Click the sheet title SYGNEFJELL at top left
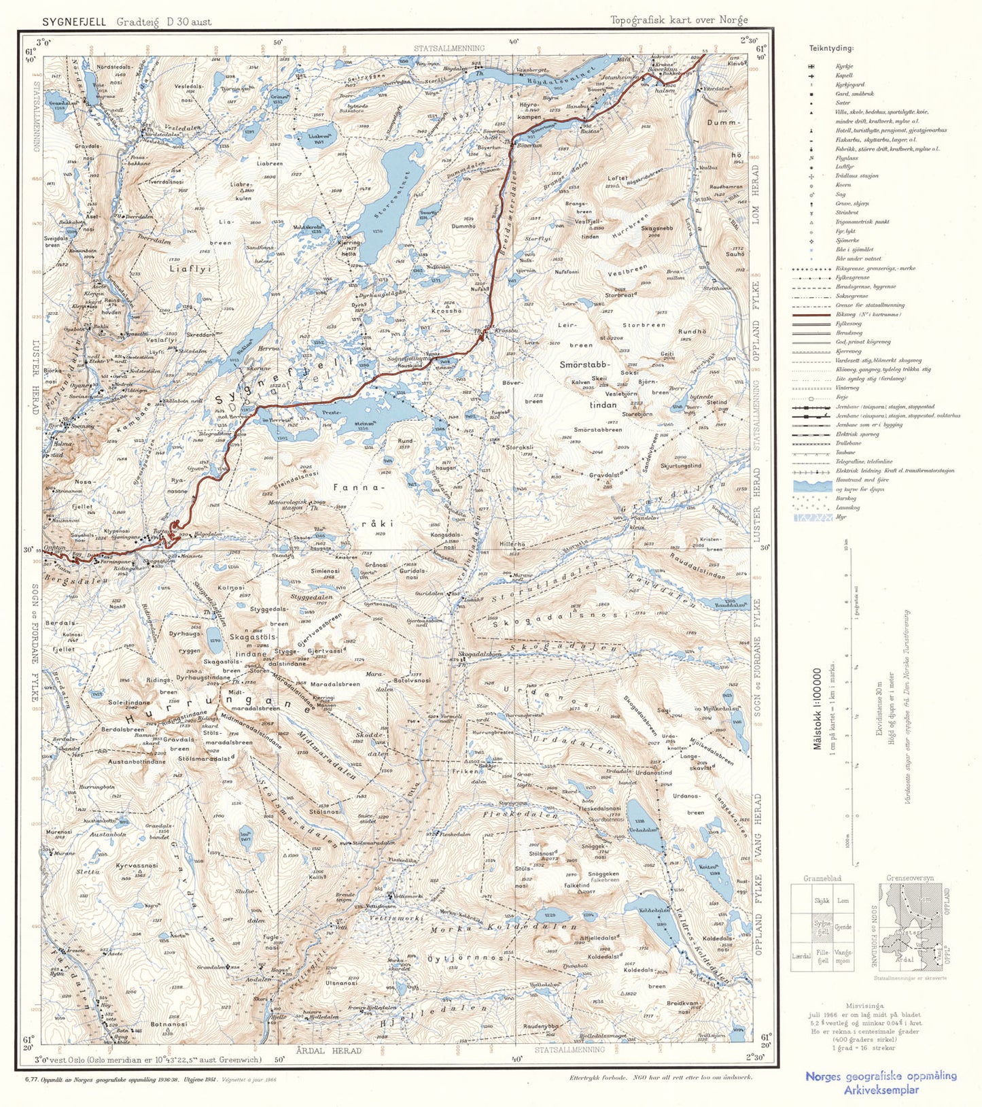click(74, 22)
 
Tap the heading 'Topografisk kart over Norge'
click(679, 20)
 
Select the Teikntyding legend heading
click(831, 48)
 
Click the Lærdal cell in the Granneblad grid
click(801, 955)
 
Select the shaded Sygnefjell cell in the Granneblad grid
click(822, 927)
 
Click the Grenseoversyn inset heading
click(909, 878)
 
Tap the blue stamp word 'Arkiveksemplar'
click(881, 1089)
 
